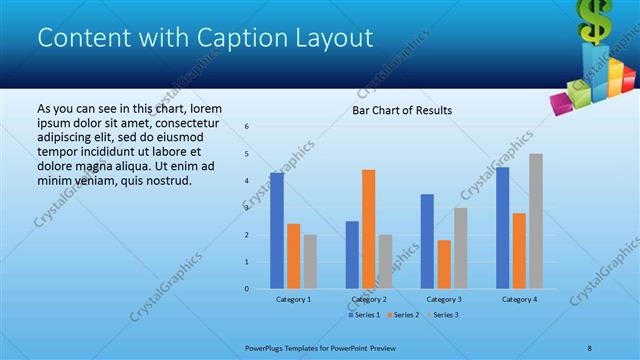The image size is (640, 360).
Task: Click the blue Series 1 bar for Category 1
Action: (276, 231)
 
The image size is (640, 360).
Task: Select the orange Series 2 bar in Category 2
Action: (368, 229)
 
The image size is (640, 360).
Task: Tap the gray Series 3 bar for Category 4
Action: (536, 221)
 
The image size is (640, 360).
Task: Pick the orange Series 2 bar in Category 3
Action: (444, 264)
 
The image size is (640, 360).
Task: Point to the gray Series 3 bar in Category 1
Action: (310, 262)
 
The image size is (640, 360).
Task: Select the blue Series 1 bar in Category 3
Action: (427, 241)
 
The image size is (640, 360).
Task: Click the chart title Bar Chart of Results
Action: (401, 110)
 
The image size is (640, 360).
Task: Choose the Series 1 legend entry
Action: (364, 315)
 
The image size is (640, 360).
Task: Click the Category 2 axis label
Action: (369, 299)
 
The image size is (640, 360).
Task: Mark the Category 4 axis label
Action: (519, 299)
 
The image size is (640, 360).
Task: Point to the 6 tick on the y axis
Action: (247, 127)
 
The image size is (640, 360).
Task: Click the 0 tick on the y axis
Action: (247, 289)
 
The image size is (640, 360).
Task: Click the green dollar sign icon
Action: (596, 20)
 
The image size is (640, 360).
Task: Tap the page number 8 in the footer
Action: (590, 348)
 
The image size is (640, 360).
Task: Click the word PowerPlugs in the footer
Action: (267, 348)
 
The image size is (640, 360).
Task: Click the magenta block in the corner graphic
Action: (560, 101)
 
